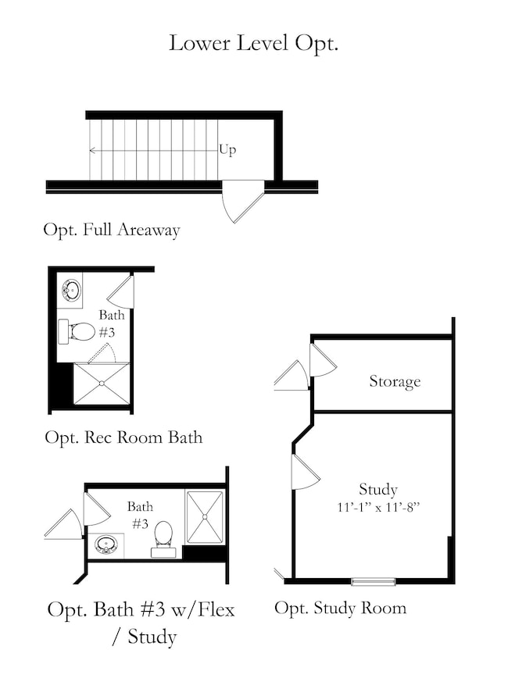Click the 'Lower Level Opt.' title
click(253, 44)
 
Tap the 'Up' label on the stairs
click(227, 150)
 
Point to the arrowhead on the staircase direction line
click(92, 151)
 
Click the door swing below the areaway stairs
click(242, 201)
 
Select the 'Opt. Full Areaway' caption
click(112, 230)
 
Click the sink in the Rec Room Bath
click(71, 290)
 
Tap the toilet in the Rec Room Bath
click(77, 332)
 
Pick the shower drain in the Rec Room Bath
click(102, 384)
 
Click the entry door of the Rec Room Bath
click(120, 291)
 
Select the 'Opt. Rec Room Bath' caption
click(123, 437)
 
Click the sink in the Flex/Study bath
click(106, 545)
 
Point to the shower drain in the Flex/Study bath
click(205, 516)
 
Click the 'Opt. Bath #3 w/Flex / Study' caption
click(141, 623)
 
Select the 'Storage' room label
click(395, 381)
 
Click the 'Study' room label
click(377, 489)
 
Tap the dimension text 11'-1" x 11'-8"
click(377, 507)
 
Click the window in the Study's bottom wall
click(374, 581)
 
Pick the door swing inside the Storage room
click(323, 360)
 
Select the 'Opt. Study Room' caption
click(341, 608)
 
